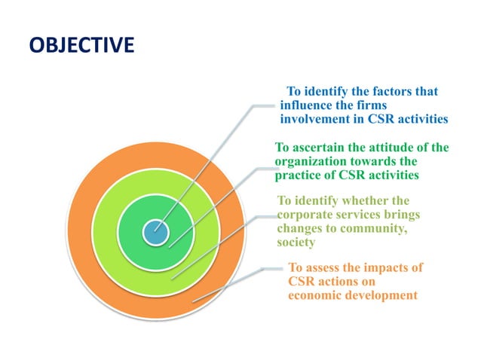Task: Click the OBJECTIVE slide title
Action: tap(82, 46)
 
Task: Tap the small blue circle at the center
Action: tap(156, 231)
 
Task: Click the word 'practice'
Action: tap(299, 175)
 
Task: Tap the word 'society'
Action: tap(296, 242)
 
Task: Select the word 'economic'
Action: tap(316, 295)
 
